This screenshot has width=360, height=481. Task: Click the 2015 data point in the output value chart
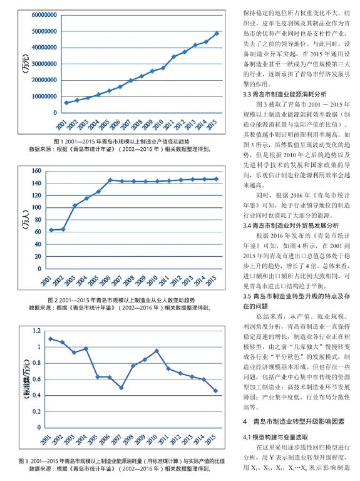217,33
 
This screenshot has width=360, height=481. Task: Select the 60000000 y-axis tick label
44,15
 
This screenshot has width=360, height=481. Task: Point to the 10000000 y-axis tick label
44,96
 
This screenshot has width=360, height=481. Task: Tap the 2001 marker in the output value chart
66,103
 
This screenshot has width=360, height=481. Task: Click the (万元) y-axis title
26,63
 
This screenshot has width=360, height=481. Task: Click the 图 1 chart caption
121,142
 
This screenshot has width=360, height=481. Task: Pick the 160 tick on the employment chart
36,171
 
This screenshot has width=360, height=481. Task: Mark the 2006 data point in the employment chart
110,180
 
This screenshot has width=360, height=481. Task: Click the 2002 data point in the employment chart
63,229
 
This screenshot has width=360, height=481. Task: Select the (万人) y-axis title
26,220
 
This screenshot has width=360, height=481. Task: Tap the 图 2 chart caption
121,300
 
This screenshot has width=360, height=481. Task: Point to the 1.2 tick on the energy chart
36,331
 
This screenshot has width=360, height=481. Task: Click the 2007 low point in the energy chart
121,388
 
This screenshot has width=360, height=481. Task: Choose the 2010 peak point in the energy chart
157,351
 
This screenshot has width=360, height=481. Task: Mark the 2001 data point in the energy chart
51,339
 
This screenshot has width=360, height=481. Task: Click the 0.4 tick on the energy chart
36,395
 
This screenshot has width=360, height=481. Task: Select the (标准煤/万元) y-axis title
26,378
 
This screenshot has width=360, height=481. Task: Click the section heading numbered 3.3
285,94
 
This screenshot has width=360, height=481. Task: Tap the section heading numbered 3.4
291,225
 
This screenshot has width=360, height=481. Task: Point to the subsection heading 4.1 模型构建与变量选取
275,437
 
